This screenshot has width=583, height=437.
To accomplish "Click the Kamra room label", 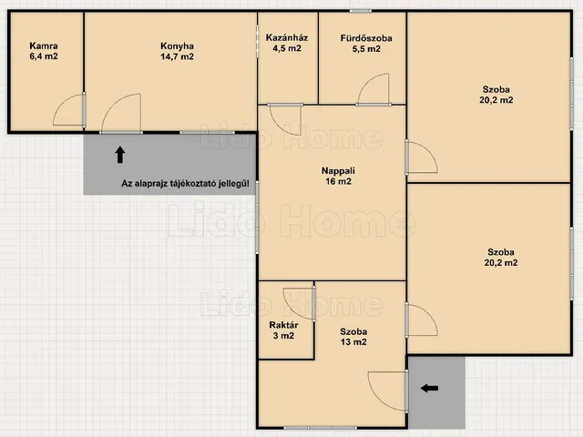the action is pyautogui.click(x=44, y=51).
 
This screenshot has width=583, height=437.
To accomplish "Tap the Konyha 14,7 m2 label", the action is pyautogui.click(x=177, y=51).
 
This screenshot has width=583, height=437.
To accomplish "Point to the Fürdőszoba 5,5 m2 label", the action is pyautogui.click(x=366, y=43).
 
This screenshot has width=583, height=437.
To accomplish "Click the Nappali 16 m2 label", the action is pyautogui.click(x=338, y=176).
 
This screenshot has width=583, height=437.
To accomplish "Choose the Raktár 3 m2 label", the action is pyautogui.click(x=283, y=330).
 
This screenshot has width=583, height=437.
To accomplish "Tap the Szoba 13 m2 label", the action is pyautogui.click(x=353, y=337).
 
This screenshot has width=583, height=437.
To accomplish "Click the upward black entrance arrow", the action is pyautogui.click(x=119, y=155).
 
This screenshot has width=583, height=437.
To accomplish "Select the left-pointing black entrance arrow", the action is pyautogui.click(x=429, y=389).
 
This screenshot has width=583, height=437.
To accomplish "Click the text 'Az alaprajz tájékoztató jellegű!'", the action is pyautogui.click(x=185, y=184).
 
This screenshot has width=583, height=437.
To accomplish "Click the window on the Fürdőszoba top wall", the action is pyautogui.click(x=360, y=10).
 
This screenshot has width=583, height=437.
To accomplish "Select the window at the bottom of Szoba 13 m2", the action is pyautogui.click(x=320, y=428).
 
